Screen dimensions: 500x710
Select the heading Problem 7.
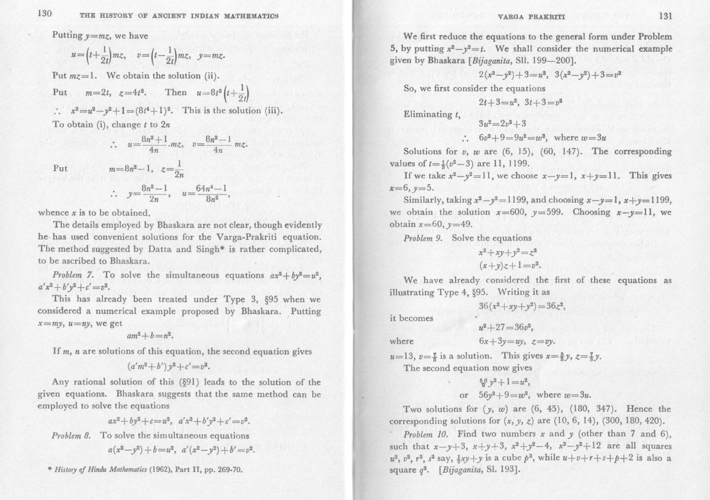pos(73,275)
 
